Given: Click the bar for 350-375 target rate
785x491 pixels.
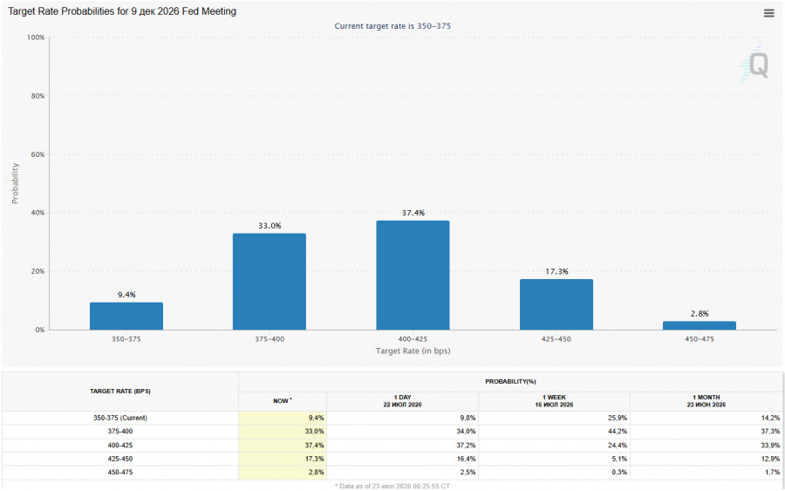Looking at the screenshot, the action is tap(126, 316).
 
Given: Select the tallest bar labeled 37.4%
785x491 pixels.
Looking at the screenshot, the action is tap(413, 276).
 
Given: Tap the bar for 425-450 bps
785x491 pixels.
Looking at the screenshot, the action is tap(556, 304).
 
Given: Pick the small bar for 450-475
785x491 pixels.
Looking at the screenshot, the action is tap(700, 325).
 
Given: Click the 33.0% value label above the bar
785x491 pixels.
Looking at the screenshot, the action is tap(270, 226).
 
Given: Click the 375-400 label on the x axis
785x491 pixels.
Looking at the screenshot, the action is tap(270, 339).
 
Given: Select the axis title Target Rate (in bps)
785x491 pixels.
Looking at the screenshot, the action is tap(413, 351).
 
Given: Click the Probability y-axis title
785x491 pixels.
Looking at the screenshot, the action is tap(15, 183).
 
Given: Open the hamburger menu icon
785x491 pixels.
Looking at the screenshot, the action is tap(769, 13).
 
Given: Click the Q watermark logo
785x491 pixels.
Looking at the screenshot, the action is tap(755, 65).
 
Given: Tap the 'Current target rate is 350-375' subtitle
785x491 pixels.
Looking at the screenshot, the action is tap(392, 26).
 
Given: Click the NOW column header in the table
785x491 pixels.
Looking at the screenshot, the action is tap(283, 401).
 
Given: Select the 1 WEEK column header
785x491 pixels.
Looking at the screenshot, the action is tap(554, 401).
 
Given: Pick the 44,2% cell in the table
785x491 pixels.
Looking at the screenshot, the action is tap(618, 432).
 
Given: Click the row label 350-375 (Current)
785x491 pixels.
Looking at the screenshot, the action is tap(120, 418).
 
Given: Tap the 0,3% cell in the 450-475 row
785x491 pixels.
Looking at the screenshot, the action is tap(620, 472).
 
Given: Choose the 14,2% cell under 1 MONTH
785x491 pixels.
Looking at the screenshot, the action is tap(770, 418).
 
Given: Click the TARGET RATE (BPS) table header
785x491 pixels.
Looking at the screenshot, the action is tap(120, 392).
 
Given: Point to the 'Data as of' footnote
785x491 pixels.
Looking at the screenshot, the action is tap(392, 486).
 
